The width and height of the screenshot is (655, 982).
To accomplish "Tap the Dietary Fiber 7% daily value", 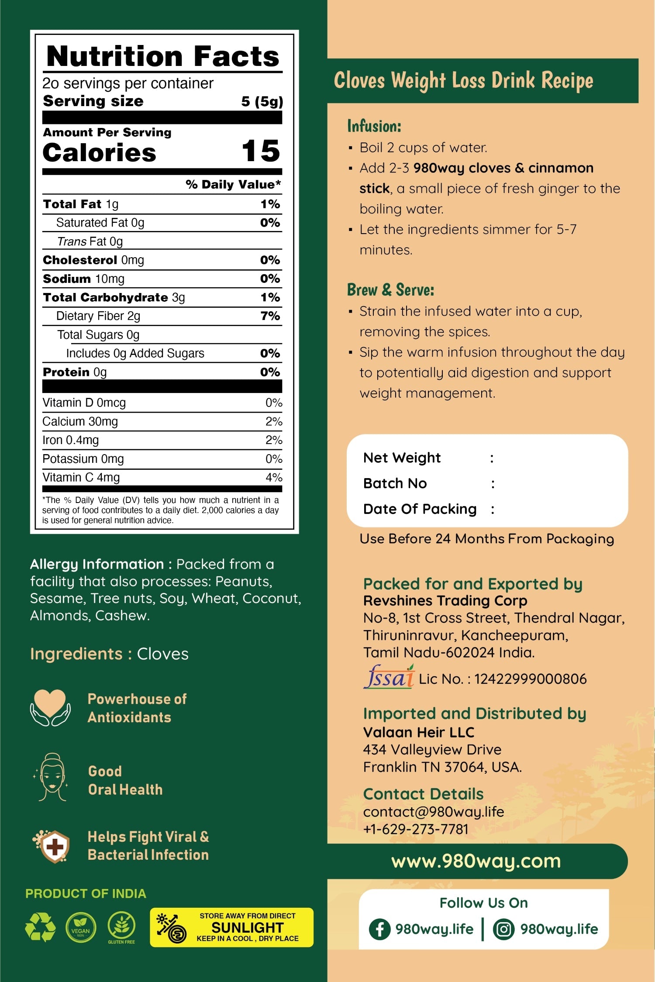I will click(270, 316).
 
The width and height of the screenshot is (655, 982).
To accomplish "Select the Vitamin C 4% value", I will click(274, 477).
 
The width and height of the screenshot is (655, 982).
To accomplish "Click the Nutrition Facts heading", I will click(162, 56).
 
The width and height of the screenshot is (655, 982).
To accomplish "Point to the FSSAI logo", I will click(389, 677).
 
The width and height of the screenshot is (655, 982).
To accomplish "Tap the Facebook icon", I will click(379, 929).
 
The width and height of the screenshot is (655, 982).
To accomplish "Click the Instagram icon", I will click(503, 929).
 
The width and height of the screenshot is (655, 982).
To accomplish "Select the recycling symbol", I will click(40, 927).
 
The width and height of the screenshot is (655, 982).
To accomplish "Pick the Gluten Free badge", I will click(121, 927).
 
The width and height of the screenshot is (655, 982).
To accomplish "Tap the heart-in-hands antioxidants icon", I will click(50, 707).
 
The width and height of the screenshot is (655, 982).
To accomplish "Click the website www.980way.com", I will click(476, 861).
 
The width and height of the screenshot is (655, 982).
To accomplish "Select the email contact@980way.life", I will click(434, 812).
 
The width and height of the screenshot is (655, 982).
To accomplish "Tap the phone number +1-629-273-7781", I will click(416, 829).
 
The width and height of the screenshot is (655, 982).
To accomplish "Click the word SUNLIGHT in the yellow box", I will click(248, 927).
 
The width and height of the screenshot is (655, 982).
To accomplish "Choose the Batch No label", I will click(395, 483).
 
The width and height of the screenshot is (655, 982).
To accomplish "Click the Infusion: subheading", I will click(374, 126).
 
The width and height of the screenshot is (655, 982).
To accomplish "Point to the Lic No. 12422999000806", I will click(503, 679).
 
